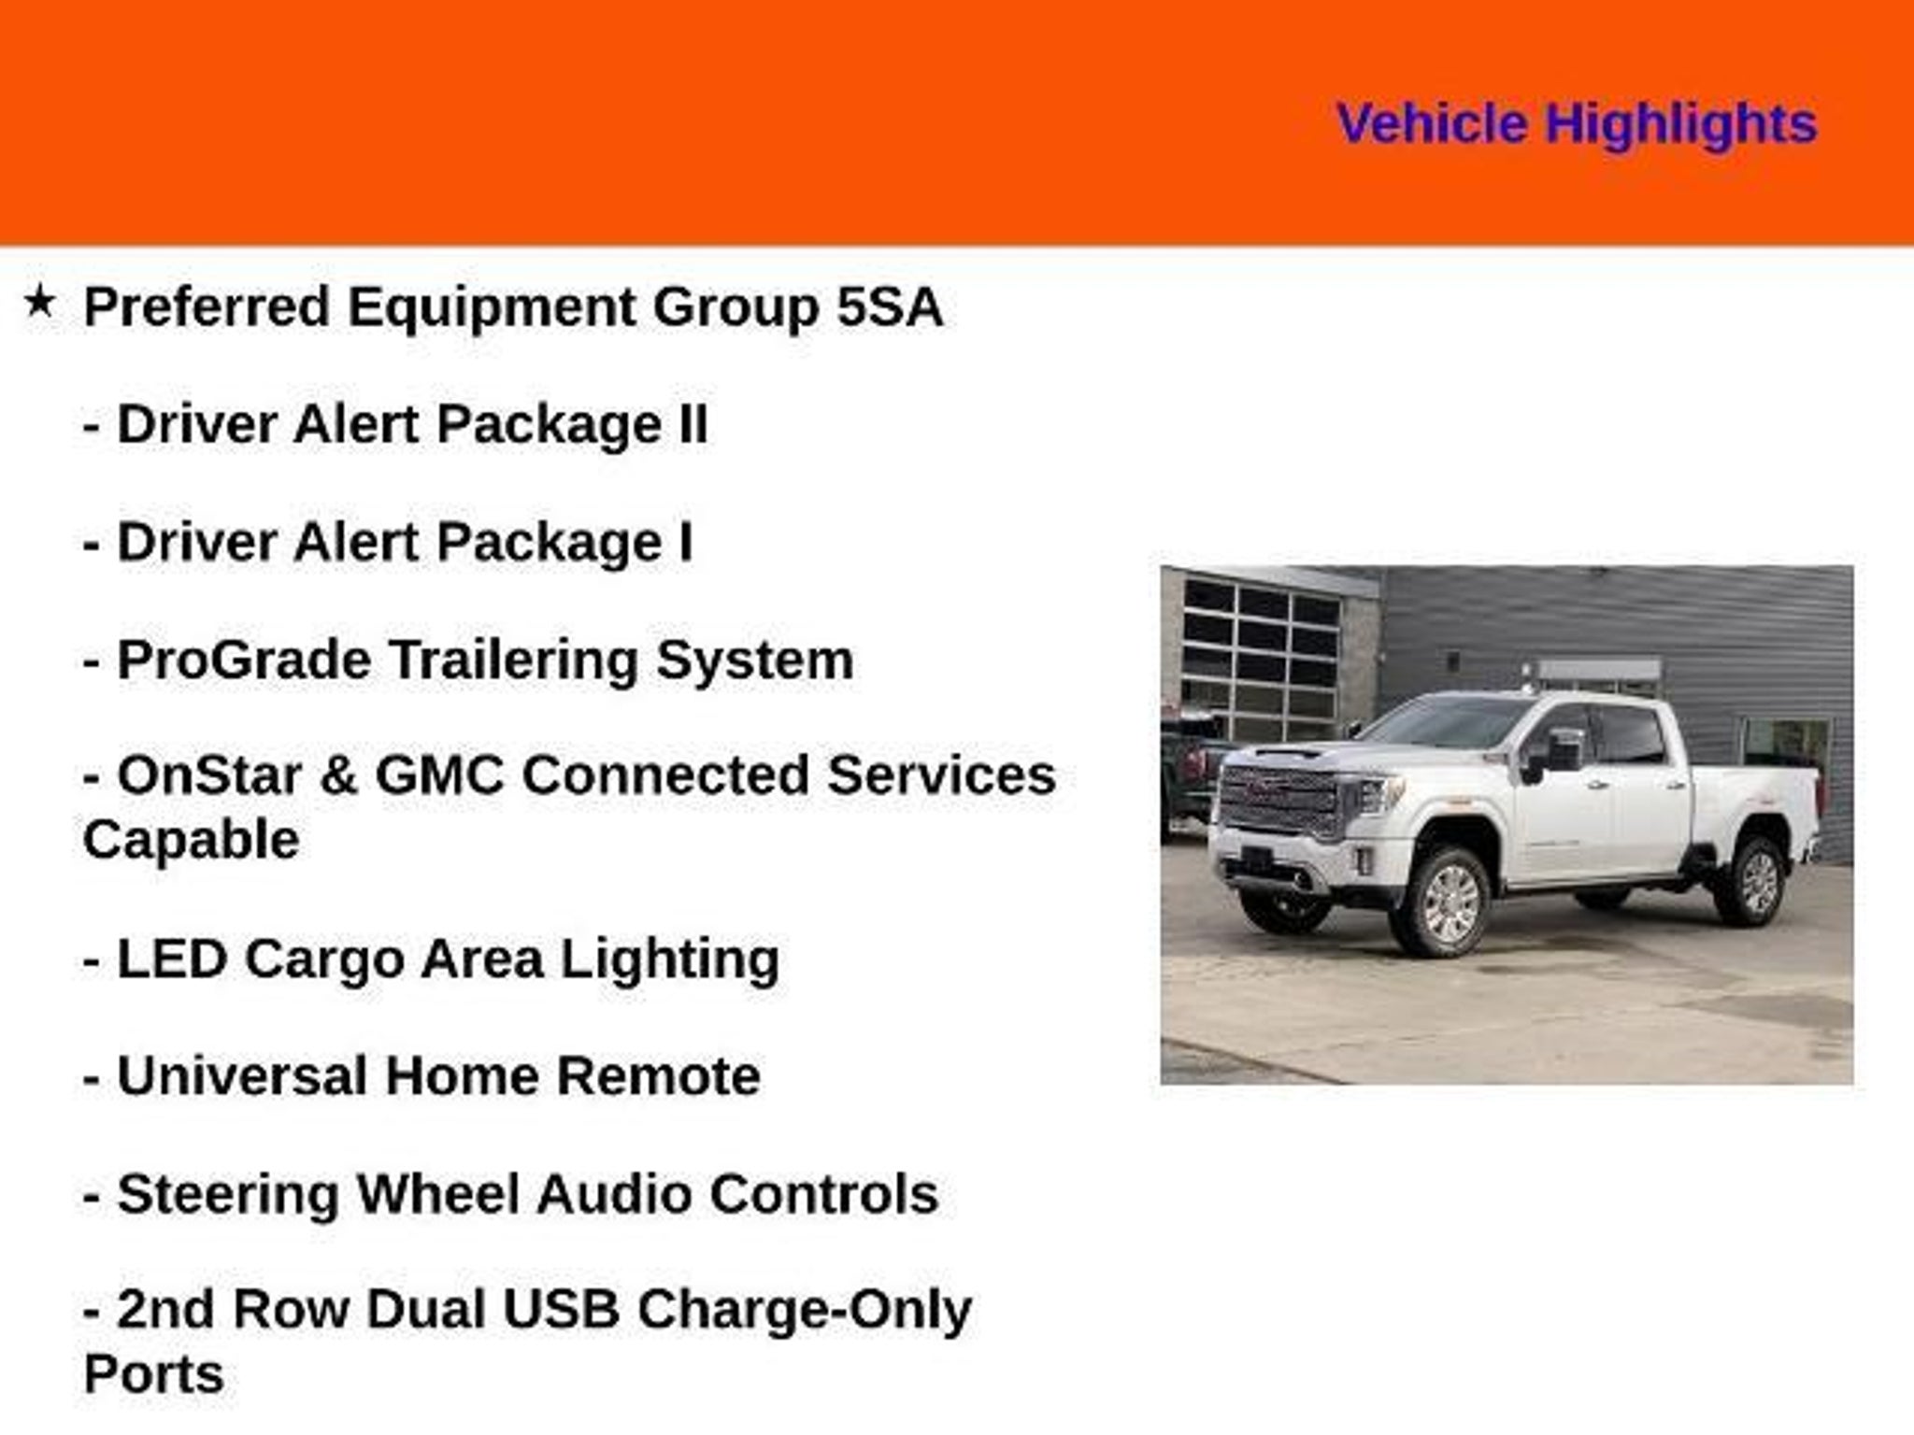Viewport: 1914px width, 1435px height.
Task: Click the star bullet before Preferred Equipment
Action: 39,302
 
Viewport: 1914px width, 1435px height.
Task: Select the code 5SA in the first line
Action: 890,306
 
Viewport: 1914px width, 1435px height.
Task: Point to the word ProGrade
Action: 244,661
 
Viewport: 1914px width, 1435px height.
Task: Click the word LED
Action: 172,959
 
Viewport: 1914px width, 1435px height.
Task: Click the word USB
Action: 562,1309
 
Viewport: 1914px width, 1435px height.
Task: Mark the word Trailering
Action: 513,661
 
